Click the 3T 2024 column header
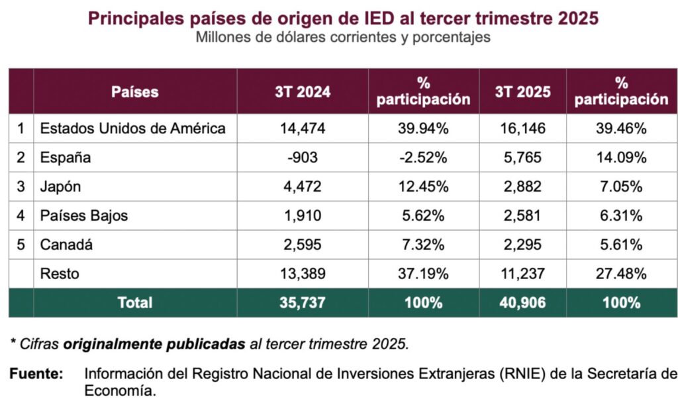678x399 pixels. click(303, 91)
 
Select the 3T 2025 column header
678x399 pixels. click(522, 91)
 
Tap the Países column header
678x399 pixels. click(134, 91)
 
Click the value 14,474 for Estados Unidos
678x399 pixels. click(303, 129)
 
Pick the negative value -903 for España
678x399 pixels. click(303, 158)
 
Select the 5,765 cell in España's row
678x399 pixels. click(522, 158)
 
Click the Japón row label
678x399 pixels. click(60, 187)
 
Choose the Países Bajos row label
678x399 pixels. click(84, 215)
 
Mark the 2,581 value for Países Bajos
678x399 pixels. click(522, 215)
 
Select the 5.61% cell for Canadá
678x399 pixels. click(621, 245)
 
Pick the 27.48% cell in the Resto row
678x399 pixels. click(621, 274)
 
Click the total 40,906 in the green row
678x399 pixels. click(522, 303)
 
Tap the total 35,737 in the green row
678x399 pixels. click(303, 303)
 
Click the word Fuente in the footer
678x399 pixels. click(36, 374)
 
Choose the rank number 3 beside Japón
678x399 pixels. click(21, 187)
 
